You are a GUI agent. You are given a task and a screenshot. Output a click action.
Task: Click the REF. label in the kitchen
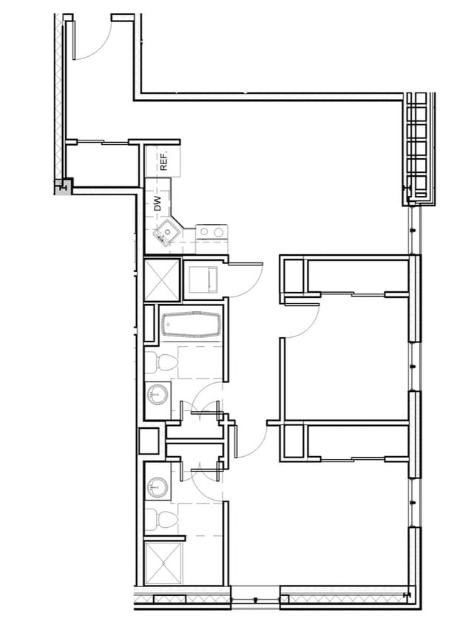click(165, 160)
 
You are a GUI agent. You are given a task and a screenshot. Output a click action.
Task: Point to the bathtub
click(192, 325)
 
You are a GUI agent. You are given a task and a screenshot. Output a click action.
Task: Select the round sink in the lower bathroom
click(157, 487)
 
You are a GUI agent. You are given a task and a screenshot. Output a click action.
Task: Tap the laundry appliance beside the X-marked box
click(200, 279)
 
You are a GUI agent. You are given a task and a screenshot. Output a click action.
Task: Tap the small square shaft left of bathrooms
click(148, 441)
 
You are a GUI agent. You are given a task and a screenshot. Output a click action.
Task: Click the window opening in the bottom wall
click(254, 597)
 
